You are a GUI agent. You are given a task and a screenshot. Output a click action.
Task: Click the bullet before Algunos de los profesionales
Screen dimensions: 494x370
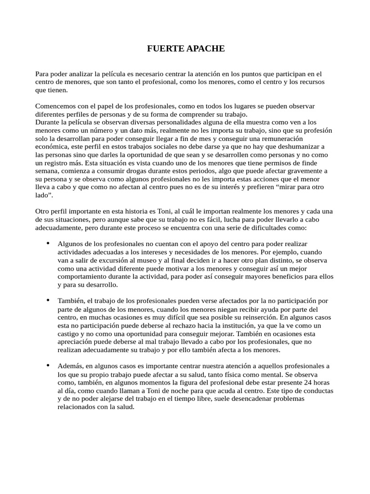point(48,244)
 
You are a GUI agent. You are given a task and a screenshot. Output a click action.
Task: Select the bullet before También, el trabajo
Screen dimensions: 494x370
point(48,301)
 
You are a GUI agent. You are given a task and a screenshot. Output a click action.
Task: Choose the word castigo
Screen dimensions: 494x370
point(68,334)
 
